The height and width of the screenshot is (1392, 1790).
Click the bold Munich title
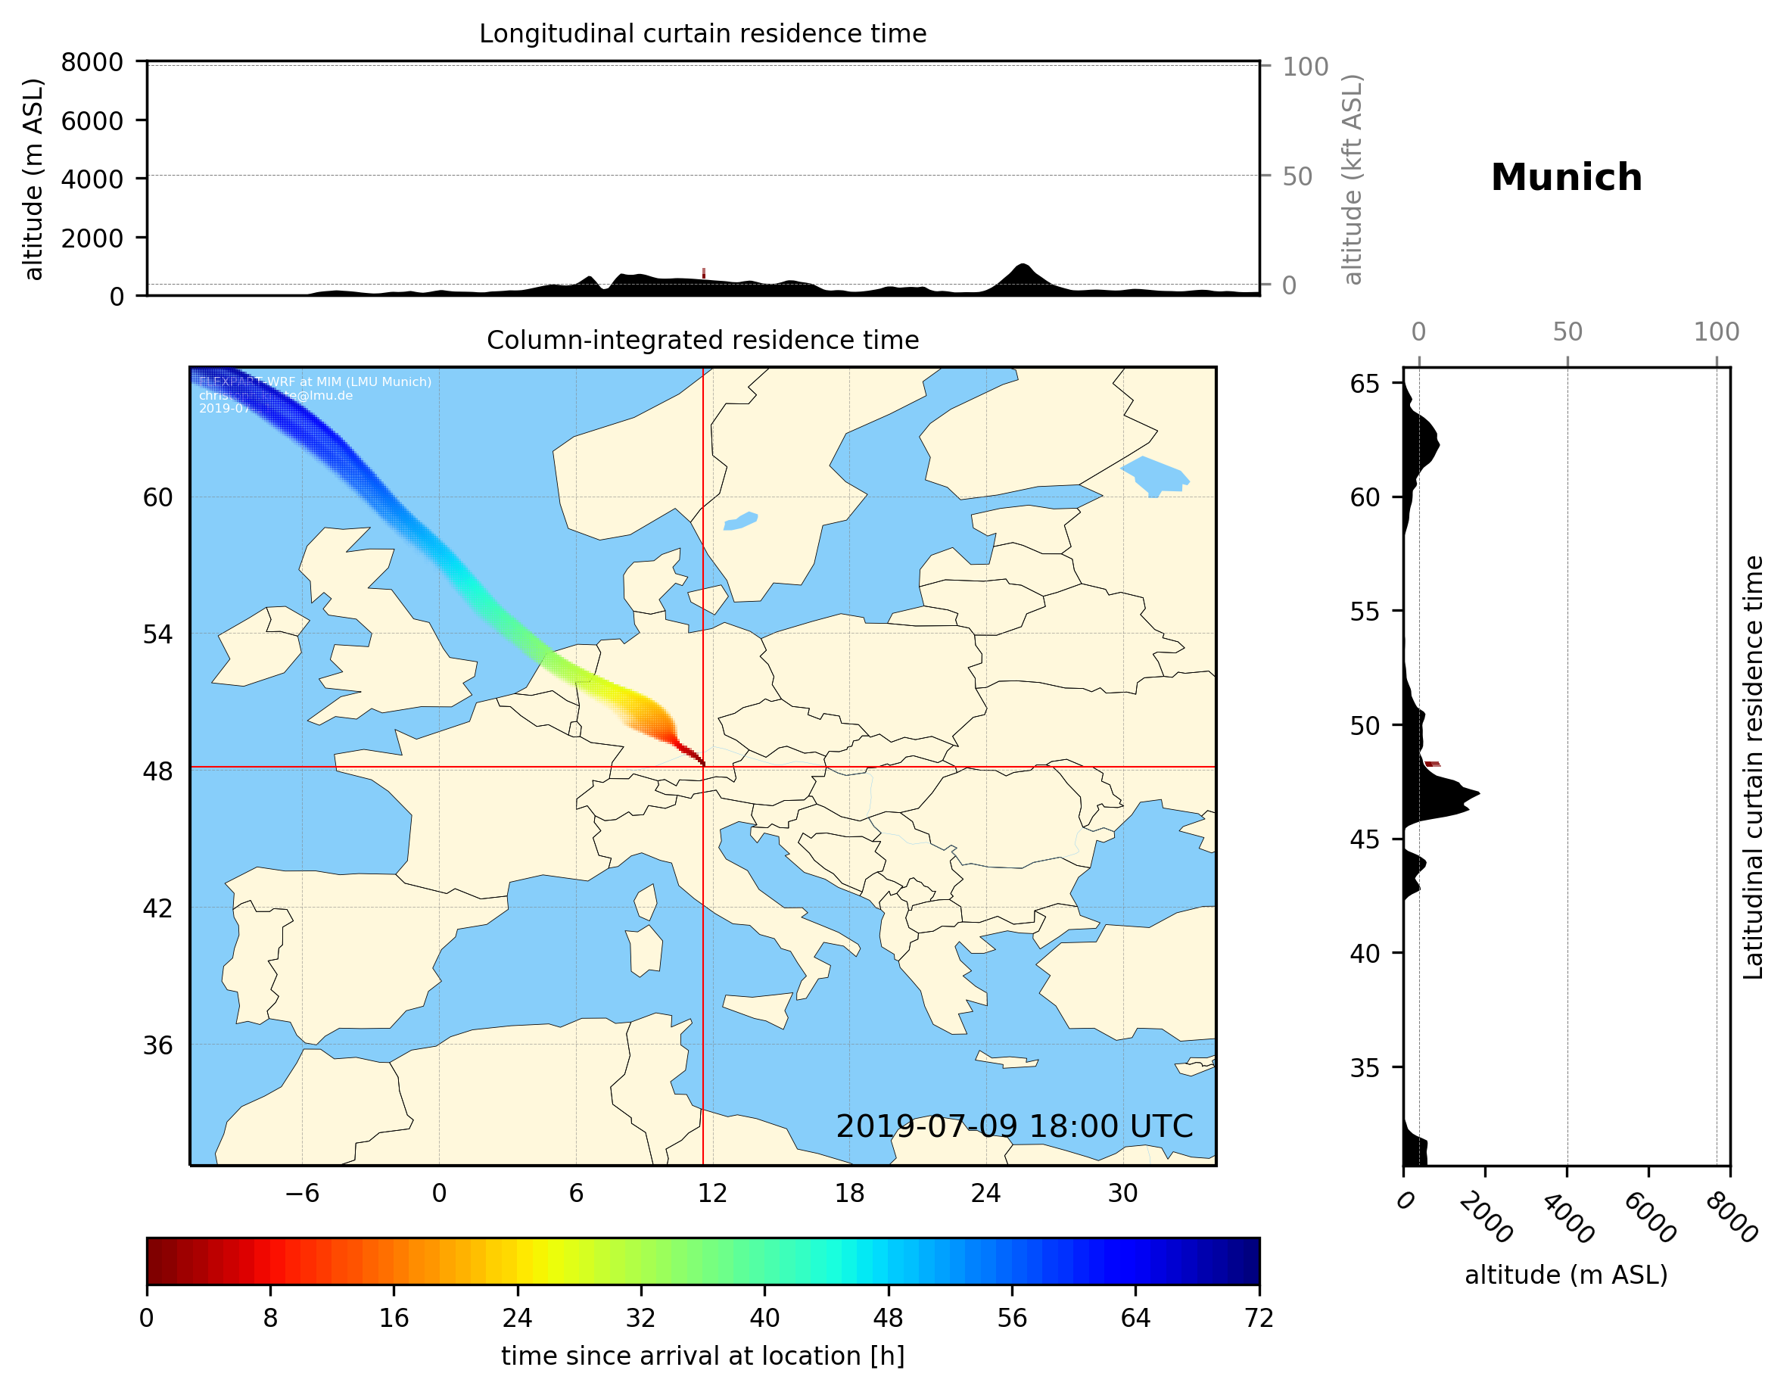pyautogui.click(x=1565, y=178)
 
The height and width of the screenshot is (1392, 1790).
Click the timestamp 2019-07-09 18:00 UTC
pyautogui.click(x=1014, y=1126)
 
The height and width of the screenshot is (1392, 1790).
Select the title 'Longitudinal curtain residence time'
pyautogui.click(x=702, y=33)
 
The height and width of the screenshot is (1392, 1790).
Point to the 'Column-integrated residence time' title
pyautogui.click(x=702, y=340)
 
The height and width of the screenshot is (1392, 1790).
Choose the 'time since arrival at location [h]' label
pyautogui.click(x=702, y=1356)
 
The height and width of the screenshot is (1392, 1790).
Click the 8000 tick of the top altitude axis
pyautogui.click(x=92, y=62)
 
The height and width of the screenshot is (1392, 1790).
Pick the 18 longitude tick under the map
pyautogui.click(x=849, y=1193)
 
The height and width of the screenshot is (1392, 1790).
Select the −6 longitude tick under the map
pyautogui.click(x=301, y=1193)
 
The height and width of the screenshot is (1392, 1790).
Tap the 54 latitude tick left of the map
pyautogui.click(x=157, y=634)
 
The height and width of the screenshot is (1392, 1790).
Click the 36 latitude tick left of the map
pyautogui.click(x=157, y=1045)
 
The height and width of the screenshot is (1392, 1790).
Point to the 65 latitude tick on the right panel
pyautogui.click(x=1365, y=384)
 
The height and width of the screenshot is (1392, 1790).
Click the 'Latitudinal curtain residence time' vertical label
pyautogui.click(x=1752, y=768)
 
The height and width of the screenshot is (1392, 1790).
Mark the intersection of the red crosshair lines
pyautogui.click(x=703, y=768)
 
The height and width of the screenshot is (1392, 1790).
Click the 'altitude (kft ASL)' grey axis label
pyautogui.click(x=1353, y=179)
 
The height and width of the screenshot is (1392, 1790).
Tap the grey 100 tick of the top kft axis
pyautogui.click(x=1305, y=67)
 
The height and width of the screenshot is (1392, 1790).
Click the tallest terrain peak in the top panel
pyautogui.click(x=1021, y=265)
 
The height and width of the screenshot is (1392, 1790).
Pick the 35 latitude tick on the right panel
pyautogui.click(x=1365, y=1067)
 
